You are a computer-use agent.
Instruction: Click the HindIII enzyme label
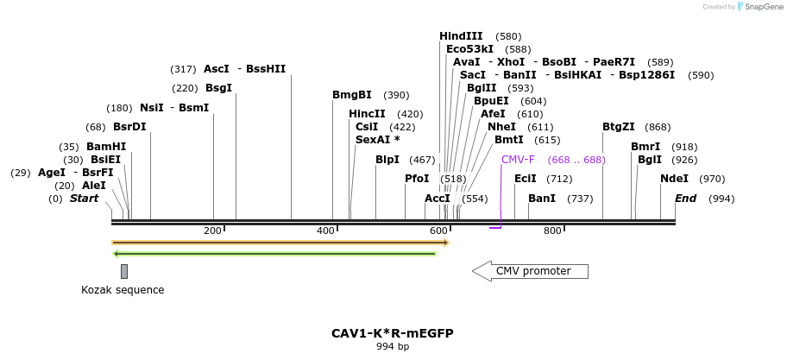461,36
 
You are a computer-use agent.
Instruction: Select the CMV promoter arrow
530,271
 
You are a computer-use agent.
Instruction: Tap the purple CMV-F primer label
518,160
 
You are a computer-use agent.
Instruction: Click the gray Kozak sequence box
124,271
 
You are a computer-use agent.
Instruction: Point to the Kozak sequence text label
123,290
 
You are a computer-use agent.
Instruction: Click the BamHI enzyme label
106,147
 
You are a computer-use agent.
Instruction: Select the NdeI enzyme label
674,179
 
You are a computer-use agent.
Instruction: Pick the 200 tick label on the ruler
212,231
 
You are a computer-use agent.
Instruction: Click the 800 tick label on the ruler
552,231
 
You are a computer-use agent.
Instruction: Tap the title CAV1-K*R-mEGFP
393,333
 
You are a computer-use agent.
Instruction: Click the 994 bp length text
393,347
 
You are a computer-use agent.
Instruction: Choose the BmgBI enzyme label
352,95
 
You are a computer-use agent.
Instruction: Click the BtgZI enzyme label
619,127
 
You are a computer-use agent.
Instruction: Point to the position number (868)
658,127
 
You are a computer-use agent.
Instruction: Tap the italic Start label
84,199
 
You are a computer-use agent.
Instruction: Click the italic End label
685,199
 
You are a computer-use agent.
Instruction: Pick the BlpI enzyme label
388,160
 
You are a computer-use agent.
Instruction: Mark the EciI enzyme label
526,179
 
